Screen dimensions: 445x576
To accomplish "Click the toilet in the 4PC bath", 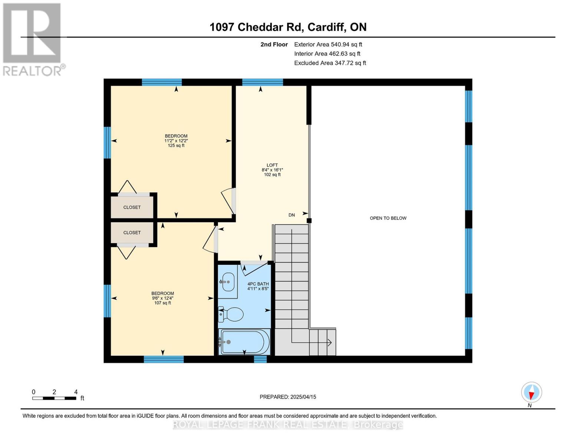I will point(233,314).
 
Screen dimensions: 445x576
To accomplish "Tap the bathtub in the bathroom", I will point(245,342).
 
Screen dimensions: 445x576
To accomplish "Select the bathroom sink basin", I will point(227,282).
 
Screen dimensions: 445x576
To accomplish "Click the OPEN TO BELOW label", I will point(388,218).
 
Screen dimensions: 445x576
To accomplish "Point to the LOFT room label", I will point(272,165).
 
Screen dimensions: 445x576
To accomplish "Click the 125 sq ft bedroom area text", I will point(176,146).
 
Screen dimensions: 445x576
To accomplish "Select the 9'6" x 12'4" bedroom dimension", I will point(162,298).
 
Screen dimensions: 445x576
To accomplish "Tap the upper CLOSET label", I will point(132,207).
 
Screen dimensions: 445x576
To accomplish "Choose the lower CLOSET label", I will point(132,233).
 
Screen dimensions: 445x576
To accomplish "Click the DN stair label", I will point(292,215).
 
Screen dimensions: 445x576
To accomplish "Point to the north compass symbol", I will point(531,392).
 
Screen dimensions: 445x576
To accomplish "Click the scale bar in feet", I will point(55,398).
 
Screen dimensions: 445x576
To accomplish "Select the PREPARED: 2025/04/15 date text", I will point(288,397).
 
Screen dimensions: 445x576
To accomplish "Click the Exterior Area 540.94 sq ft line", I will point(328,44).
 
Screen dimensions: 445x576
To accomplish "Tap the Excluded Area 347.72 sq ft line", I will point(330,63).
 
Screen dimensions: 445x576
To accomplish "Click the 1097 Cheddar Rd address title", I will point(288,27).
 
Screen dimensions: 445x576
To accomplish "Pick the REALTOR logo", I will point(33,39).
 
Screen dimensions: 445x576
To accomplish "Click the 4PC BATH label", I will point(258,284).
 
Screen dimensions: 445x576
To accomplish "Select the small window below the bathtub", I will point(260,359).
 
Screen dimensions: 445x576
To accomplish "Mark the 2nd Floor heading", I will point(274,44).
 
